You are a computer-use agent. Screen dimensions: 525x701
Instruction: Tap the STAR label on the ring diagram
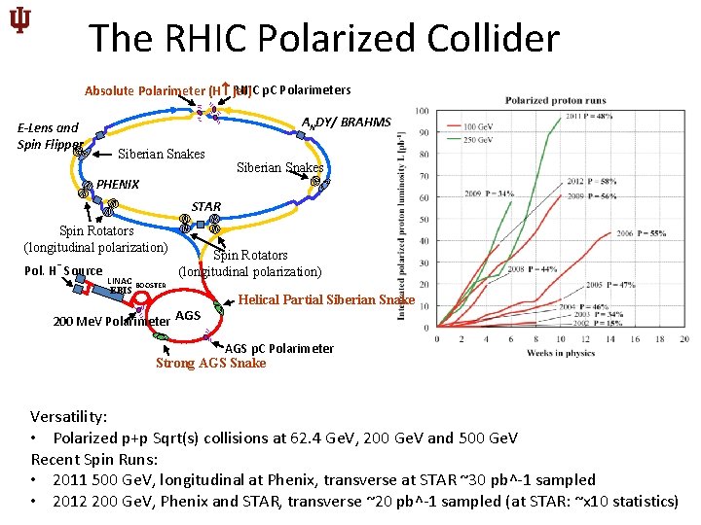[x=205, y=206]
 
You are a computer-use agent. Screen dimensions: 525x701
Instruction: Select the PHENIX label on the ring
[x=118, y=184]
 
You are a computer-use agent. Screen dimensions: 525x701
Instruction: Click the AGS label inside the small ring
[x=188, y=315]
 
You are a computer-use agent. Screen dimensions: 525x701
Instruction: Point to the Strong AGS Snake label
[x=210, y=364]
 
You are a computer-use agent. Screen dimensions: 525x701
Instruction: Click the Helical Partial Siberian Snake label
[x=326, y=299]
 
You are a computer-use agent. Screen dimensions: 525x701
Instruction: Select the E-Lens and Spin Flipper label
[x=49, y=136]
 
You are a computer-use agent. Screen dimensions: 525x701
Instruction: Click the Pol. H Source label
[x=62, y=270]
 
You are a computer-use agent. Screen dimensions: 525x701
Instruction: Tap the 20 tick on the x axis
[x=684, y=339]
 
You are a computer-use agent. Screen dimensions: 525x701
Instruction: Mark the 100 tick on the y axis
[x=424, y=110]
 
